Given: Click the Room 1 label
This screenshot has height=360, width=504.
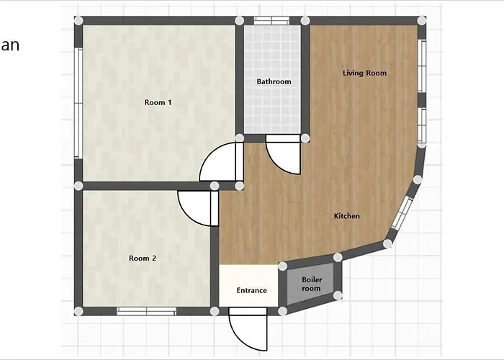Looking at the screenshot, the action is click(158, 102).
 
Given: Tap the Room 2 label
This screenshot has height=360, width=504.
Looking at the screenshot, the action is click(143, 258).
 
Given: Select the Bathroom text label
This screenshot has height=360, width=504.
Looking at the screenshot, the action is click(274, 81).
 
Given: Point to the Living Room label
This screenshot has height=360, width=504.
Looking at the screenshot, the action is click(364, 73).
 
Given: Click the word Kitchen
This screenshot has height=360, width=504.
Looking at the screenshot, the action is click(346, 216).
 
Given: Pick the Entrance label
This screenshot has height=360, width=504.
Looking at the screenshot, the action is click(252, 291).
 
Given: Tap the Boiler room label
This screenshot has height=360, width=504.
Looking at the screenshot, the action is click(312, 284).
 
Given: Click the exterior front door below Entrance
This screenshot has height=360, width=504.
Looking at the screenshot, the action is click(248, 329).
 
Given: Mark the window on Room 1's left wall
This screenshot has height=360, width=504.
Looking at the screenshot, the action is click(78, 103).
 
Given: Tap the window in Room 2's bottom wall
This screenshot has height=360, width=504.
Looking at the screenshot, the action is click(146, 311).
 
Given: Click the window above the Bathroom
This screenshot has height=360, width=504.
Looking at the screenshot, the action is click(271, 21).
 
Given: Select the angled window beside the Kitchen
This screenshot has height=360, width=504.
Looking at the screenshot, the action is click(402, 213).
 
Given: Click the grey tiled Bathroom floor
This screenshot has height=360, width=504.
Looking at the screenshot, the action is click(272, 106).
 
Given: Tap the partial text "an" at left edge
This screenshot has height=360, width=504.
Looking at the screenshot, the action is click(9, 45).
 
